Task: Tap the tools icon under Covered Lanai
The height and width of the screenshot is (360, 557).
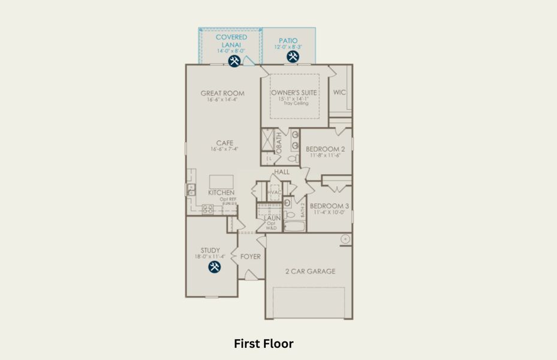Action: [234, 61]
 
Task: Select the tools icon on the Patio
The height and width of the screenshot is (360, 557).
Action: [293, 57]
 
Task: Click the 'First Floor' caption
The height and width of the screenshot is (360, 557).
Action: [263, 344]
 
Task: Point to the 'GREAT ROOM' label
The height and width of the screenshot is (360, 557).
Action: [222, 93]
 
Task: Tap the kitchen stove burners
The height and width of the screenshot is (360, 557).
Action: [207, 209]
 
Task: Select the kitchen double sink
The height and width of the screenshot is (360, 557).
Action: [191, 190]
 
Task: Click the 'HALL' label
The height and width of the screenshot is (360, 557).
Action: [282, 172]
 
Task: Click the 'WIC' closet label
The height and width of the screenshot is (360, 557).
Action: [340, 92]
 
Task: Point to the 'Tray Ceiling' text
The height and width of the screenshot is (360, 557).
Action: [296, 103]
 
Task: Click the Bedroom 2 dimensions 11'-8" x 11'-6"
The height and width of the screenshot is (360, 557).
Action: [326, 155]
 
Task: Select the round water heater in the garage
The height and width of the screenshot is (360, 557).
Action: [345, 239]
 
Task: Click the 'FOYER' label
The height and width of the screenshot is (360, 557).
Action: [251, 257]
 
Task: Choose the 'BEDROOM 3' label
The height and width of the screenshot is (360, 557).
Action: [329, 205]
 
